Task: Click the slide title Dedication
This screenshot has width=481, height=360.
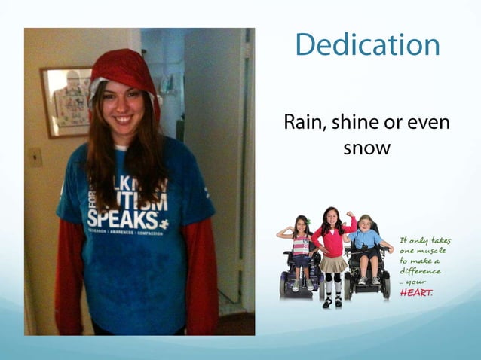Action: click(x=367, y=45)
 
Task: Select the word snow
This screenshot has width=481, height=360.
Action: click(x=366, y=148)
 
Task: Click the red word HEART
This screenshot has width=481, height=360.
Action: click(x=416, y=292)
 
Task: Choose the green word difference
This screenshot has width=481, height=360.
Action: click(x=420, y=271)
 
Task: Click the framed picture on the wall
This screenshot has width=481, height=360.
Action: click(x=66, y=101)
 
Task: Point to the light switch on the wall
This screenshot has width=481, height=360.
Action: click(x=35, y=157)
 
